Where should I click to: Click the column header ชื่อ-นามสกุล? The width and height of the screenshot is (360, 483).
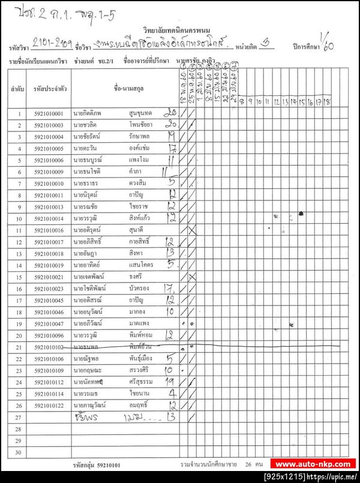click(126, 88)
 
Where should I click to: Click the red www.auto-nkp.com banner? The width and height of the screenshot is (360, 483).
click(313, 464)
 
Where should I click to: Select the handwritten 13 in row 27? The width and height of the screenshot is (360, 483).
click(170, 416)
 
